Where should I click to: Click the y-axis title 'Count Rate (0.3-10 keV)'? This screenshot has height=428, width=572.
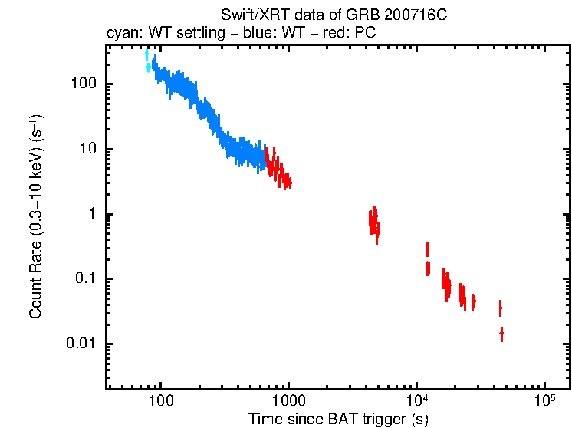[x=35, y=217]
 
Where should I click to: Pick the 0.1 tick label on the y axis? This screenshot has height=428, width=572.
[x=84, y=279]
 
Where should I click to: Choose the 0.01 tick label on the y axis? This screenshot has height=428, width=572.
[x=81, y=344]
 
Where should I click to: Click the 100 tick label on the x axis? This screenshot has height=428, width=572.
[x=160, y=401]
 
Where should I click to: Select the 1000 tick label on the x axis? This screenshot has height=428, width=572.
[x=288, y=401]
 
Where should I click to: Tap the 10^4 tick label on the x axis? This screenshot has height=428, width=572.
[x=416, y=400]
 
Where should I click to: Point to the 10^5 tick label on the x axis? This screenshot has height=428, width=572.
[x=544, y=400]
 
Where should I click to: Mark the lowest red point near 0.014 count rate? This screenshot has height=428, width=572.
[x=501, y=334]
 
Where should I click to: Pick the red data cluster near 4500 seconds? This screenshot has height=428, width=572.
[x=373, y=222]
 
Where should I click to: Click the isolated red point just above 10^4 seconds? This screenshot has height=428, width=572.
[x=427, y=250]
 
